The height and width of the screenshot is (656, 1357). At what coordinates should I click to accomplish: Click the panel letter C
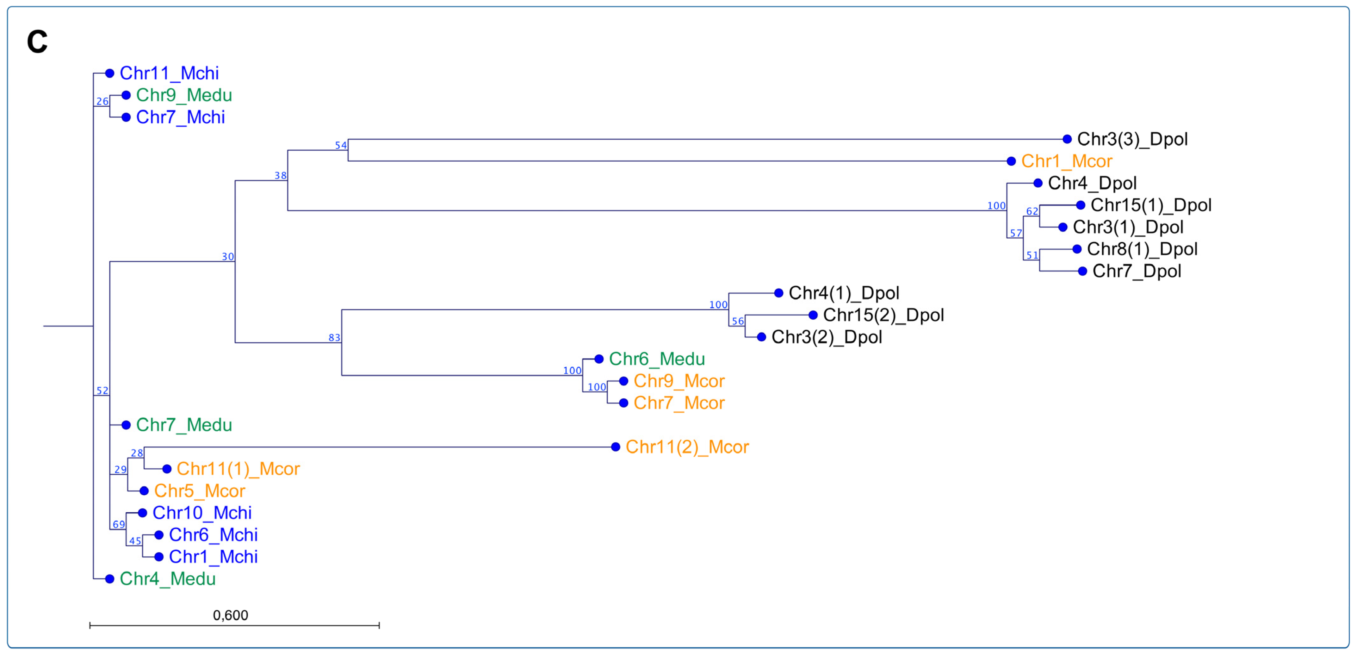pos(37,42)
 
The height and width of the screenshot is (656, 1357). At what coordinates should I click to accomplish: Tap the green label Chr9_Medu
pos(183,95)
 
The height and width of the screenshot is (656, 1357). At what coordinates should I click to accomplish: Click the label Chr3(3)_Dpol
pos(1132,139)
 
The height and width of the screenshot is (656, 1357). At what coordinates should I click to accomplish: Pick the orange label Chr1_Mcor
pos(1066,161)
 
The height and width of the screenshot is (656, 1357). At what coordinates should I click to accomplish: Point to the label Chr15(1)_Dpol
pos(1150,205)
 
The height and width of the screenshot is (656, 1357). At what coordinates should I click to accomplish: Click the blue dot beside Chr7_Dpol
pos(1082,272)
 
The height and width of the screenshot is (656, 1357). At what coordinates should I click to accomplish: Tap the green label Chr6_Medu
pos(656,359)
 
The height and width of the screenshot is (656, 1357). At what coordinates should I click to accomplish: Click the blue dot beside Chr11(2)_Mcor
pos(615,447)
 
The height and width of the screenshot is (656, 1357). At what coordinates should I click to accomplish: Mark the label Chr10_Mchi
pos(202,513)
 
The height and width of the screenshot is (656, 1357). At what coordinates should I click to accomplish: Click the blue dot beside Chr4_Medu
pos(109,579)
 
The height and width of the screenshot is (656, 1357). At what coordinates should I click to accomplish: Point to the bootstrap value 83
pos(334,338)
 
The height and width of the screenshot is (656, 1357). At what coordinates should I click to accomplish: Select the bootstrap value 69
pos(119,524)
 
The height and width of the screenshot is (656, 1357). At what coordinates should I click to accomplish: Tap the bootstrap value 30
pos(227,257)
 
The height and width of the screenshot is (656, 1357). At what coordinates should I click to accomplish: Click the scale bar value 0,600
pos(230,615)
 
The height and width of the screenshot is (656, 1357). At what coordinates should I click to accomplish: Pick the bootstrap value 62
pos(1032,211)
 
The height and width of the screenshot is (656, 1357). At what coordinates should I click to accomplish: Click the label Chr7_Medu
pos(183,425)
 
